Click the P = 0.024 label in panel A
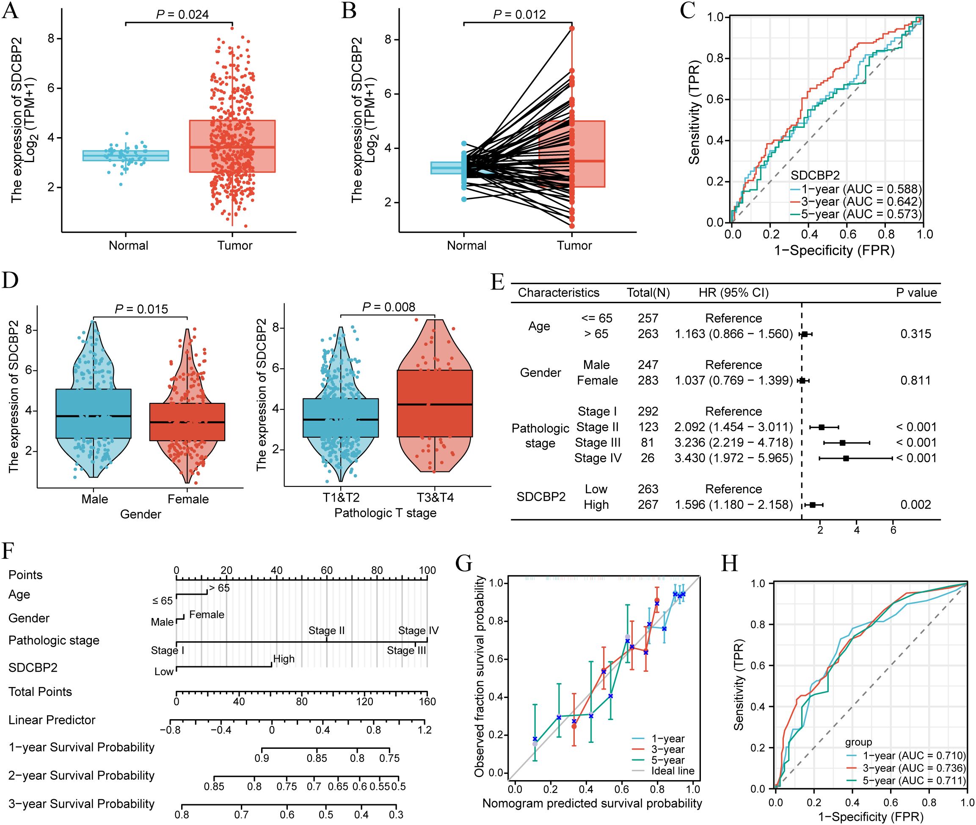point(182,14)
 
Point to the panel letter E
point(498,282)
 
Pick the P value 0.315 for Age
point(915,334)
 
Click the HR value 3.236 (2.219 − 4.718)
point(733,442)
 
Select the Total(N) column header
point(648,293)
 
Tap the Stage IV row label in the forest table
point(598,458)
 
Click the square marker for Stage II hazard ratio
point(822,427)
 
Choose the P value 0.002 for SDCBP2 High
point(915,505)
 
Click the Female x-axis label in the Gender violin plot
point(188,499)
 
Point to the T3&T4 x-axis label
point(434,497)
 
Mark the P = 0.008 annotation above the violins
point(388,307)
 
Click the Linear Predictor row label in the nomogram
point(52,720)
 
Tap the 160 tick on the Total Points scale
point(427,701)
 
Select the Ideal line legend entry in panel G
point(673,771)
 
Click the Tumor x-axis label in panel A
point(235,246)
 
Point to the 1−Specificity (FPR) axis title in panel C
point(834,251)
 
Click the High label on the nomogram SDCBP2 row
point(284,659)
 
